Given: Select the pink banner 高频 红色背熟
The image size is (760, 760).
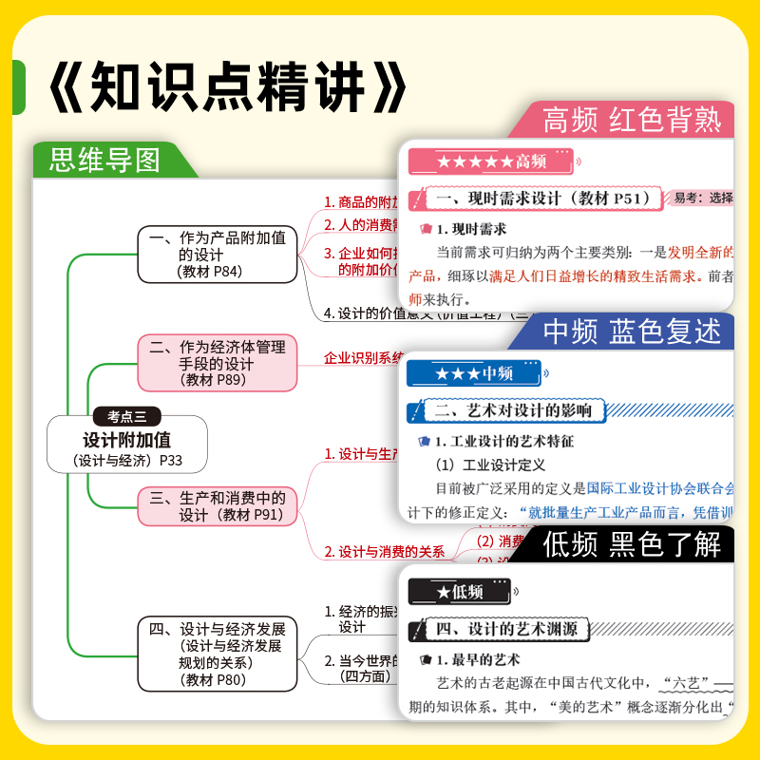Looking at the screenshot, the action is click(631, 121).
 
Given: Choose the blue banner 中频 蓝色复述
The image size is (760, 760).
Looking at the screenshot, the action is click(631, 332).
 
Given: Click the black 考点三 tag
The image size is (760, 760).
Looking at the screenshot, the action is click(126, 416).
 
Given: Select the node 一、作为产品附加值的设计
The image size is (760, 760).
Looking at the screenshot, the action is click(217, 255).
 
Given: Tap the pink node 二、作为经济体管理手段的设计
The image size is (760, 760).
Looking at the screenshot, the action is click(217, 362).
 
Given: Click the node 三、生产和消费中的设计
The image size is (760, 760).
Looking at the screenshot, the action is click(217, 506).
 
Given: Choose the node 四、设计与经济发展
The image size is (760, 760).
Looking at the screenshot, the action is click(217, 654).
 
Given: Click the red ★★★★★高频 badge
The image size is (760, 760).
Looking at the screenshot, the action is click(490, 161).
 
